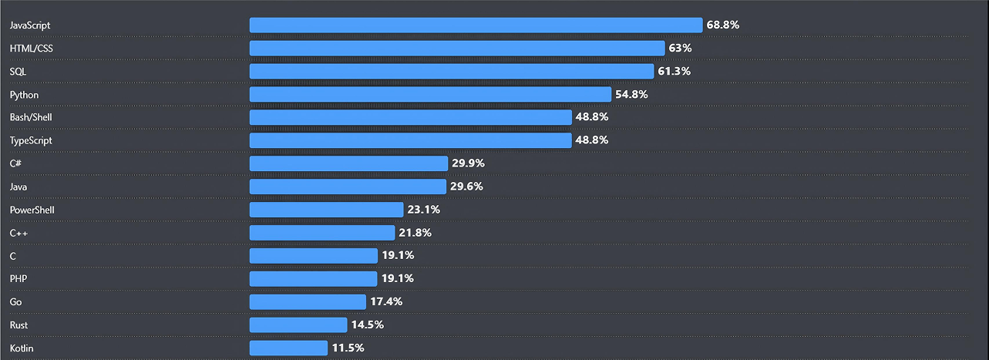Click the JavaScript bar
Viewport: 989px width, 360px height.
click(x=476, y=25)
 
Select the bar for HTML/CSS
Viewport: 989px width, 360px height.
click(x=456, y=49)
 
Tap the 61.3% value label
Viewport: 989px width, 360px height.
click(x=674, y=72)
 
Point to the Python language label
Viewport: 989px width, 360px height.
click(x=24, y=95)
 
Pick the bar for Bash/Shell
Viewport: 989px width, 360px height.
click(x=410, y=117)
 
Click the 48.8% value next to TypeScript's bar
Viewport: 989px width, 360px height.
click(x=592, y=140)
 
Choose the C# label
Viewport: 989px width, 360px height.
click(x=15, y=163)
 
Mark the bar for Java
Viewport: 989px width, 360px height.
click(x=348, y=187)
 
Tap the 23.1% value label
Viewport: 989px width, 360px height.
click(x=424, y=210)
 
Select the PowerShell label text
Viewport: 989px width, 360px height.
click(x=32, y=210)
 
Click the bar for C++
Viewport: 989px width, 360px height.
click(x=321, y=233)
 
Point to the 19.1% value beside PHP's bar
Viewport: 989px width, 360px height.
click(x=398, y=278)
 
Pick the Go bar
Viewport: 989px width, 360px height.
click(x=308, y=301)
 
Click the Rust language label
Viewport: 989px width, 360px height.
click(x=19, y=325)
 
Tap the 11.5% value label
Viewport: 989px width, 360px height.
click(x=348, y=348)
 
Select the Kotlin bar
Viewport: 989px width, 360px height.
click(x=288, y=348)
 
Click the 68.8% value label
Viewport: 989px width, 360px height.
click(x=723, y=25)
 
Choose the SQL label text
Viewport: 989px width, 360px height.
click(x=18, y=72)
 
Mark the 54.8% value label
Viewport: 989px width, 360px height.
click(x=631, y=95)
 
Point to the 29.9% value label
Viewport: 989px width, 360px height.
click(x=468, y=163)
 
